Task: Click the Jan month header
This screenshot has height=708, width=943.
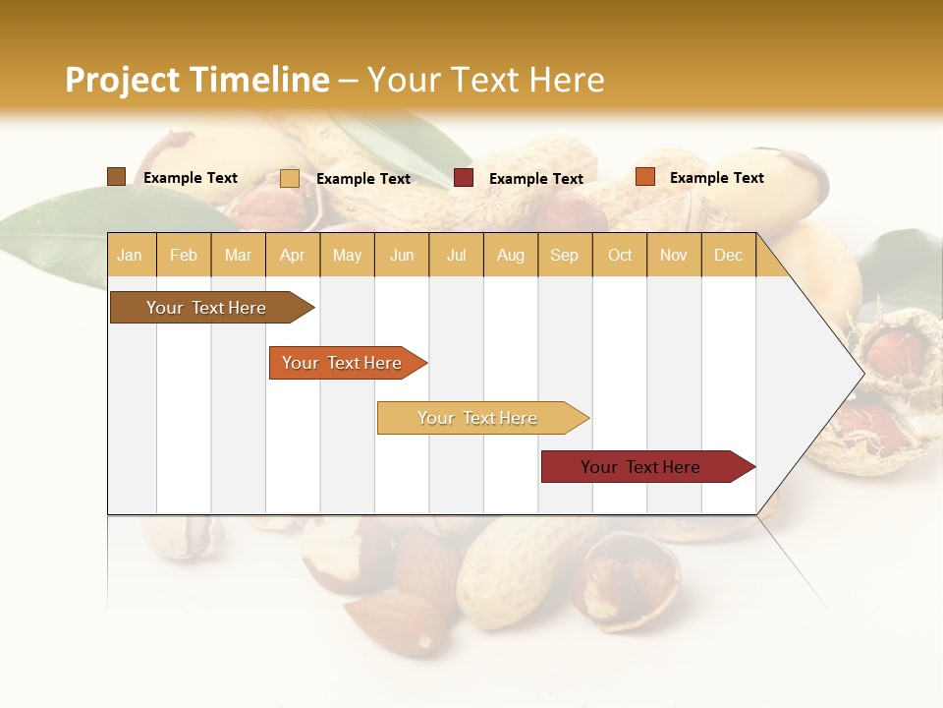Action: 130,256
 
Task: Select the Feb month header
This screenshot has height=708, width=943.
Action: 184,256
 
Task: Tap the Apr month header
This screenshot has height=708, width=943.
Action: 293,256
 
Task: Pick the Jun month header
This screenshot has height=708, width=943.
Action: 402,256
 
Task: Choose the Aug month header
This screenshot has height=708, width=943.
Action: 511,256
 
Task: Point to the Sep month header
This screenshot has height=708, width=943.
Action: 565,256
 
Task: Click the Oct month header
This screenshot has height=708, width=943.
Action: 620,256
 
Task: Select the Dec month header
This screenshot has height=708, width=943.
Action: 729,256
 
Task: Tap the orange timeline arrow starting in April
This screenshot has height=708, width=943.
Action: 344,363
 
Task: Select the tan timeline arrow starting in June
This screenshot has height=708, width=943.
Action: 479,418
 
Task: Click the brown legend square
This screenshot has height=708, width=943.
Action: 116,177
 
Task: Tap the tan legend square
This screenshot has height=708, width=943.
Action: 289,178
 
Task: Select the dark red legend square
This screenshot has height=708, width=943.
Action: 464,178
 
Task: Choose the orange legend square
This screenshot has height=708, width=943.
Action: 644,177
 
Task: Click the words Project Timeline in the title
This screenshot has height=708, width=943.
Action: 197,80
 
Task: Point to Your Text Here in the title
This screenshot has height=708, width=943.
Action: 486,80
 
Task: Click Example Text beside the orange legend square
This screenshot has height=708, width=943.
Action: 716,178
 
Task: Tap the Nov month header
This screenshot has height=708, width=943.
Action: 674,256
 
